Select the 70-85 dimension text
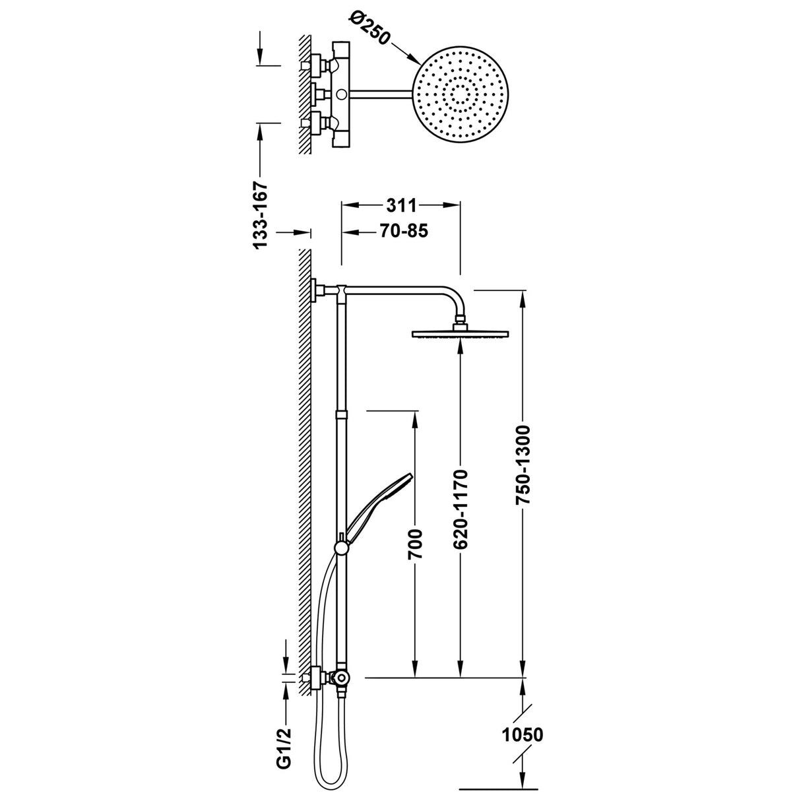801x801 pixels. click(403, 231)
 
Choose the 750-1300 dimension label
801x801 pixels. click(523, 465)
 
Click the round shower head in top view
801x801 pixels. click(461, 94)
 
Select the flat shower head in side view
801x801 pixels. click(461, 334)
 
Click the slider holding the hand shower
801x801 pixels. click(341, 547)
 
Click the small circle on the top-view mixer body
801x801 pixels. click(342, 95)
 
